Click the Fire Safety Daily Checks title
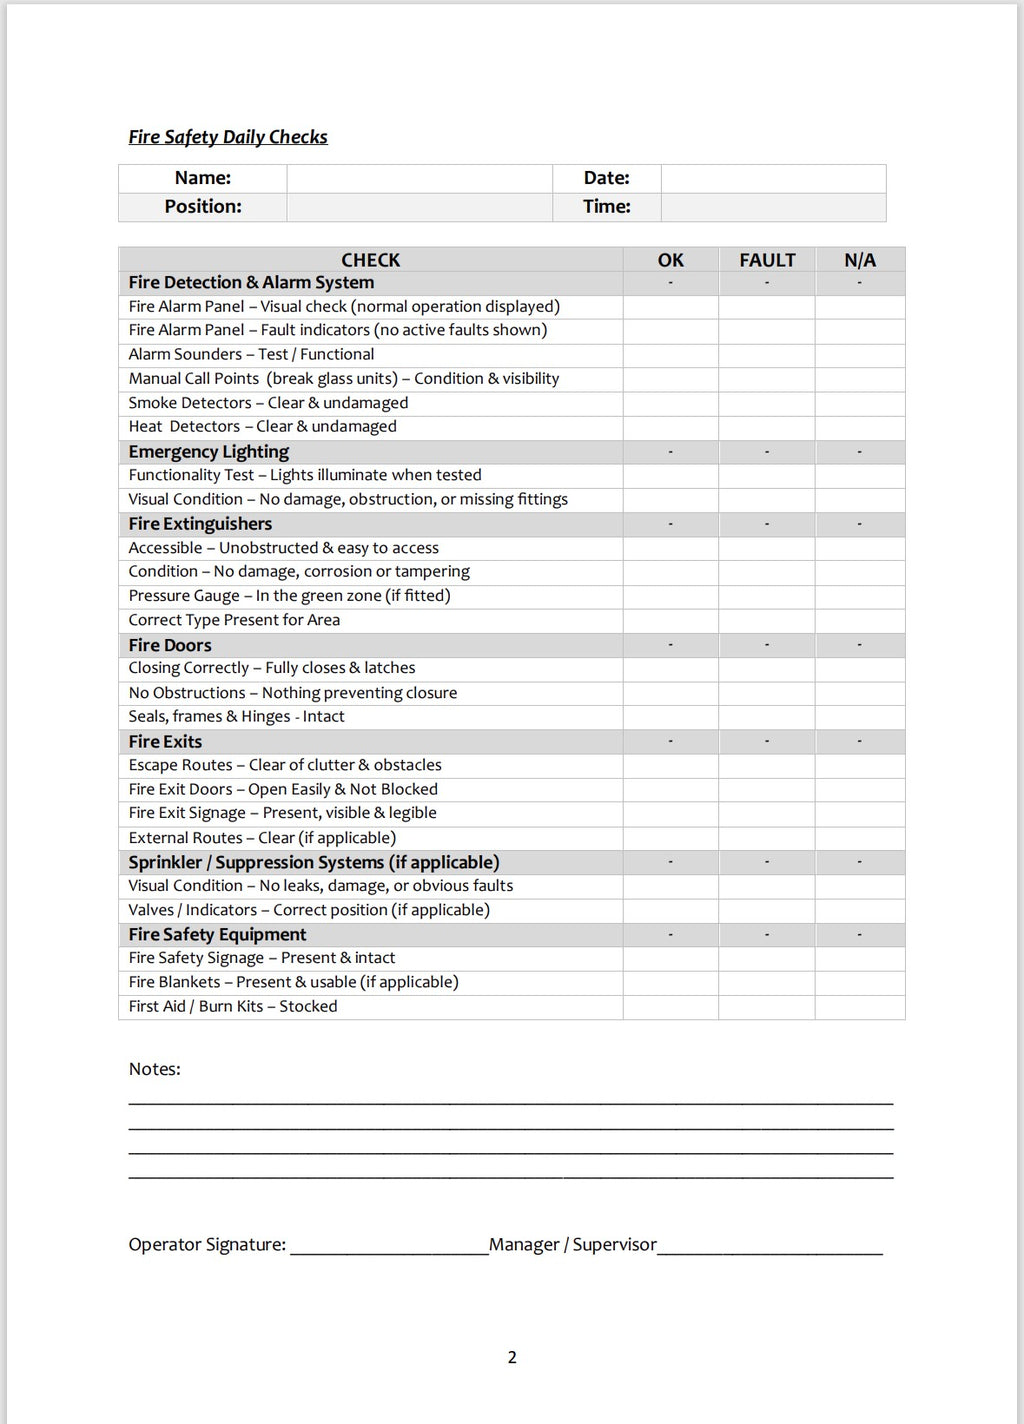pos(228,137)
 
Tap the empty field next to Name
pos(419,178)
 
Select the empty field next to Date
pos(773,178)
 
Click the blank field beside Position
pos(419,207)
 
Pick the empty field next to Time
pos(773,207)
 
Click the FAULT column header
pos(767,260)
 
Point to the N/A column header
pos(859,260)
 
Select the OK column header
pos(670,260)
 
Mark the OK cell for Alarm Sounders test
pos(670,355)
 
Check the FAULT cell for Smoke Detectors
pos(767,403)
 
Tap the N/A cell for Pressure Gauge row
pos(859,596)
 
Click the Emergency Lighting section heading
pos(209,452)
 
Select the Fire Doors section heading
pos(170,645)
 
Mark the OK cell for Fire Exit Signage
pos(670,813)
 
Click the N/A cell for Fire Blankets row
pos(859,982)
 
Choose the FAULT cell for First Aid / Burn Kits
pos(767,1007)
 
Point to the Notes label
pos(155,1069)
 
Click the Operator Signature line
pos(388,1246)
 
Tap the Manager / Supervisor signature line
pos(770,1246)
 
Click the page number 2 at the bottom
pos(512,1357)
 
